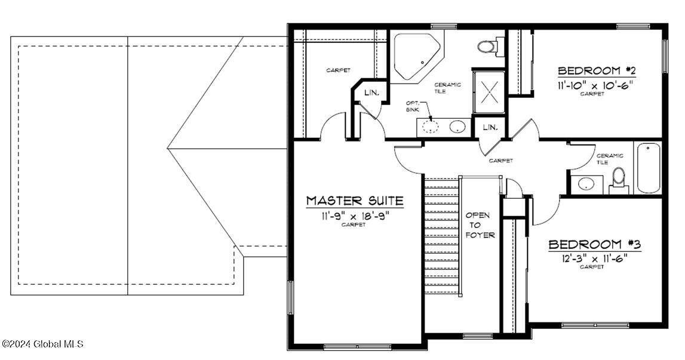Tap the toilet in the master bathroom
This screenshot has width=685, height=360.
488,45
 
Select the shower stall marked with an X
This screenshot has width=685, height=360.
490,92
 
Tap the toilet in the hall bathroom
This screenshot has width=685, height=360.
619,179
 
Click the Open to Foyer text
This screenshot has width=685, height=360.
480,225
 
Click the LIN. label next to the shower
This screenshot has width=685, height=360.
490,127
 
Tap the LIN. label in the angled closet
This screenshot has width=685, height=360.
371,93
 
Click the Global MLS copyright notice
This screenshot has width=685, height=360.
42,344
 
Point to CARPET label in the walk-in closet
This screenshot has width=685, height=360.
338,70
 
